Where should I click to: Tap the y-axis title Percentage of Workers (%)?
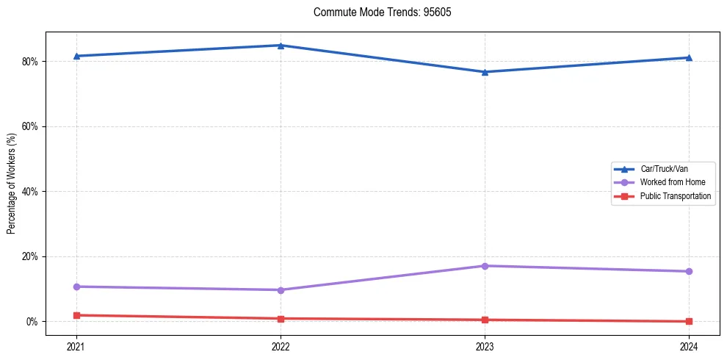pyautogui.click(x=12, y=184)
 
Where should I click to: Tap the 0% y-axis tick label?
pyautogui.click(x=32, y=322)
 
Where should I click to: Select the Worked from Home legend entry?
pyautogui.click(x=673, y=182)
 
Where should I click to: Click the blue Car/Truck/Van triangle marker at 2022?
pyautogui.click(x=281, y=46)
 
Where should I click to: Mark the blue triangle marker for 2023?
pyautogui.click(x=485, y=72)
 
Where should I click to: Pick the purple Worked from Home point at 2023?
pyautogui.click(x=485, y=266)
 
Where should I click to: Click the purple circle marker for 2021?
pyautogui.click(x=76, y=287)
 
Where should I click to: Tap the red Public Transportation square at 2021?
pyautogui.click(x=76, y=315)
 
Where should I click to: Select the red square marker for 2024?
pyautogui.click(x=689, y=321)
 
